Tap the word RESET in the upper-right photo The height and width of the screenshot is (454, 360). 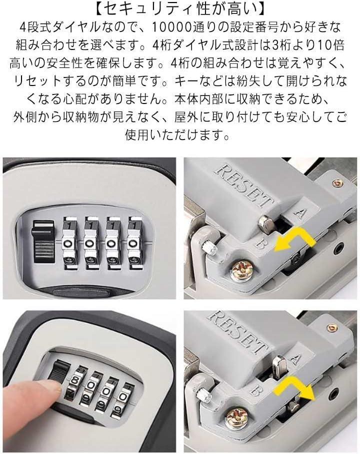[x=244, y=185]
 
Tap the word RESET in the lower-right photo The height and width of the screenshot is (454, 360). [x=238, y=332]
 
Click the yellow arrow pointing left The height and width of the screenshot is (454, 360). [x=294, y=242]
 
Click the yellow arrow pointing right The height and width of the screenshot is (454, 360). [x=294, y=386]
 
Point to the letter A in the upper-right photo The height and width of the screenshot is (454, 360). [x=299, y=212]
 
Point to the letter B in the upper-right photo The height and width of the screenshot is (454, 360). [x=260, y=244]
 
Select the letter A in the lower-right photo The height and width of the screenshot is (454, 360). [x=294, y=359]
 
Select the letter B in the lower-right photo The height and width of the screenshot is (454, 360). [x=254, y=391]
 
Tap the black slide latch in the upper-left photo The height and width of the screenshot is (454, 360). [x=44, y=241]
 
